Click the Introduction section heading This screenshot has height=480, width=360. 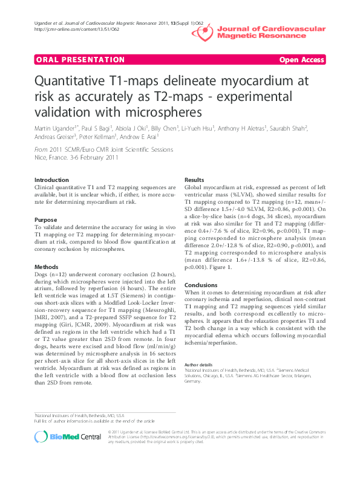tap(52, 180)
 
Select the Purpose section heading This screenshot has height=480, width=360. tap(46, 219)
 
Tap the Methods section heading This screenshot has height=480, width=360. tap(47, 266)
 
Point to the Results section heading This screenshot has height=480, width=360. tap(194, 180)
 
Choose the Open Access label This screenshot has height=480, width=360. tap(302, 60)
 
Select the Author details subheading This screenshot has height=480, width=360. tap(198, 365)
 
